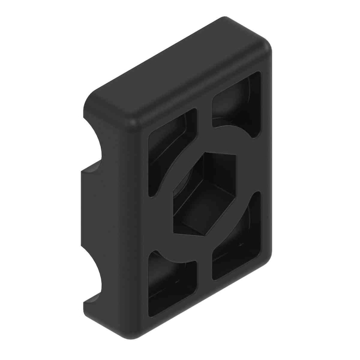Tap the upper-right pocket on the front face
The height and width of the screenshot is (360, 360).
(237, 103)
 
